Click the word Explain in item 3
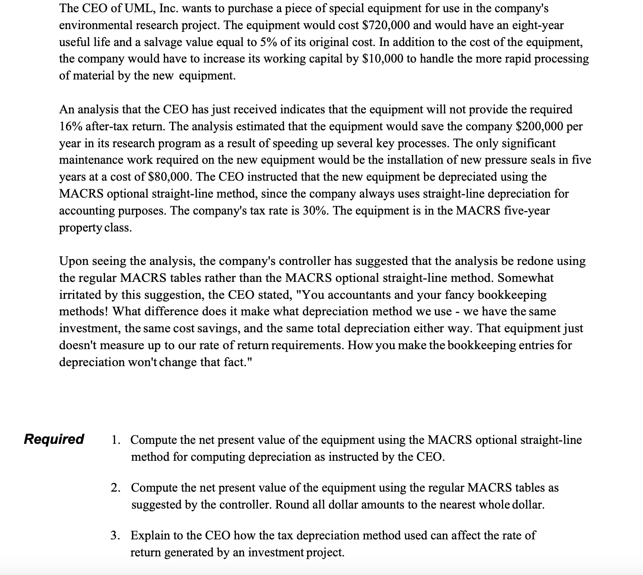pos(152,535)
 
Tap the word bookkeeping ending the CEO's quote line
pos(512,295)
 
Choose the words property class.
pos(95,228)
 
